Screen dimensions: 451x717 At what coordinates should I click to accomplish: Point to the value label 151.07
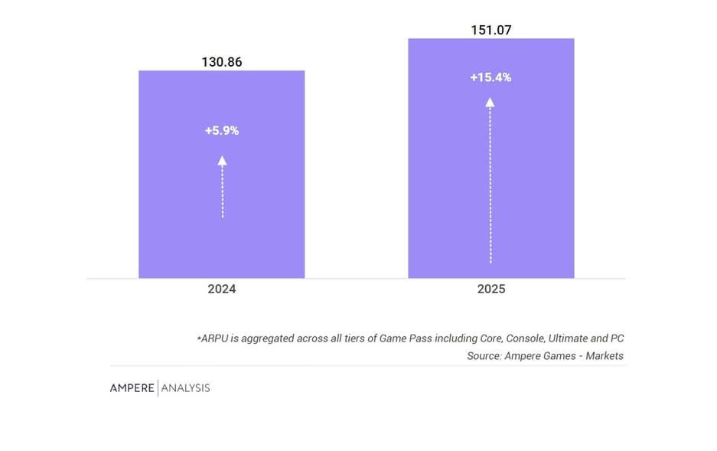pos(490,31)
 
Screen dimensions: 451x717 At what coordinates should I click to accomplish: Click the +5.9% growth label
pos(222,130)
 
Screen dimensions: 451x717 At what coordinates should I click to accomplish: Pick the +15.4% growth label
pos(490,77)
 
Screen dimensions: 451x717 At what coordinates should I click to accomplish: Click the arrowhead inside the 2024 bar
pos(222,160)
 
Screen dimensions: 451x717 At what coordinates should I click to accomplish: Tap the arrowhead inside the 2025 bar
pos(490,101)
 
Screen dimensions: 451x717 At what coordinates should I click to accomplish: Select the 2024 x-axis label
pos(221,289)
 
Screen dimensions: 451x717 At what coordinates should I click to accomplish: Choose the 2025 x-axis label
pos(490,289)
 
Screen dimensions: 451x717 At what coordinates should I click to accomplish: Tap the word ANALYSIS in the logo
pos(185,388)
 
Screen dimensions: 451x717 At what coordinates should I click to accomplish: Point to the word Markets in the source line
pos(605,356)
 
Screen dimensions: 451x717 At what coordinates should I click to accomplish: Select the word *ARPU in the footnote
pos(213,338)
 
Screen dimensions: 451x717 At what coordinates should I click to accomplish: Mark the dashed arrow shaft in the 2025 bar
pos(490,184)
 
